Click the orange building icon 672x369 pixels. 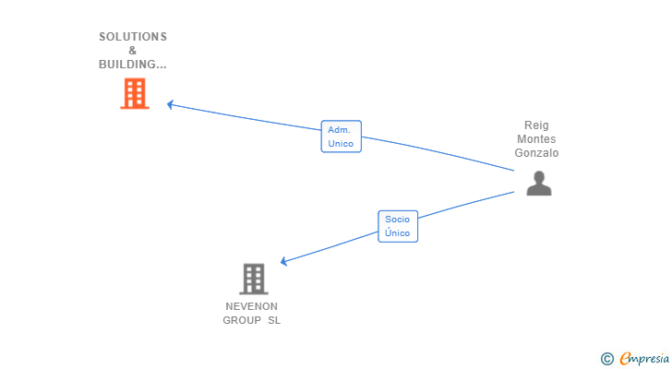click(x=135, y=93)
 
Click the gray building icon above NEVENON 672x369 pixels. click(x=253, y=279)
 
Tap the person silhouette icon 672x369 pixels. click(x=538, y=183)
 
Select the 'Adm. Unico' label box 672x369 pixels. click(x=341, y=137)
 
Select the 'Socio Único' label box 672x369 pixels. click(x=398, y=226)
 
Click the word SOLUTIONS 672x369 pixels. click(x=133, y=37)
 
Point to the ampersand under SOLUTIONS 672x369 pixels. click(x=133, y=51)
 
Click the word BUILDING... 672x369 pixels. click(x=130, y=65)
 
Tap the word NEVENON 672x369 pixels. click(x=251, y=306)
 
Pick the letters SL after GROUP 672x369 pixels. click(x=274, y=320)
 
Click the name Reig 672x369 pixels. click(x=536, y=125)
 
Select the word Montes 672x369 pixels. click(x=536, y=139)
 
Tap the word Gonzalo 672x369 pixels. click(x=536, y=153)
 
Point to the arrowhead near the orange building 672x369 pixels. click(x=171, y=104)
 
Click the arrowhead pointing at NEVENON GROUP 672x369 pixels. click(x=284, y=262)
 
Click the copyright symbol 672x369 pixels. click(x=606, y=358)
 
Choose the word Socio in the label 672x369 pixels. click(x=398, y=220)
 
